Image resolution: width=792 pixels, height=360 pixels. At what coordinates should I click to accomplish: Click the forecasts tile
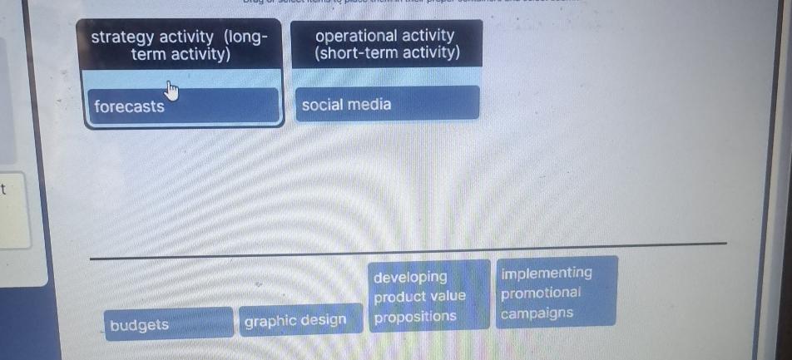pos(183,106)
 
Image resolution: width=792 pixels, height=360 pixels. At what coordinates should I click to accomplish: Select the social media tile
pos(388,105)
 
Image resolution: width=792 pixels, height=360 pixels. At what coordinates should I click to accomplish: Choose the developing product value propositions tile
pos(429,296)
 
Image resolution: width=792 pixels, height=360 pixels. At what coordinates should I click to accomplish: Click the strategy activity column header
pos(181,46)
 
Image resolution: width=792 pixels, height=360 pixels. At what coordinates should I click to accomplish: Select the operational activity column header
pos(386,44)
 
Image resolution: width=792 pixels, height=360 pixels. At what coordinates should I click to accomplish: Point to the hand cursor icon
pos(171,88)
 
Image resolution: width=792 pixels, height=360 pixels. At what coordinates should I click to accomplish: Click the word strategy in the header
pos(122,37)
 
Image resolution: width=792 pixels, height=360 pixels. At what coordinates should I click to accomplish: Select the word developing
pos(410,277)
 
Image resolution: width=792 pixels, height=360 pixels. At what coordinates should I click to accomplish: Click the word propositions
pos(415,316)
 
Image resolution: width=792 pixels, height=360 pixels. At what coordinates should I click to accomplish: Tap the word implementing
pos(547,273)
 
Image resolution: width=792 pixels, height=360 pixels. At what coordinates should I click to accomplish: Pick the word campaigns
pos(537,313)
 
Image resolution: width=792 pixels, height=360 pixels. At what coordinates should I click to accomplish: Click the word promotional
pos(541,293)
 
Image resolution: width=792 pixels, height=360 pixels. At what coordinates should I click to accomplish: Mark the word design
pos(324,320)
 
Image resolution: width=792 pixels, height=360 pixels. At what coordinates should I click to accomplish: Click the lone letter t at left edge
pos(4,190)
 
